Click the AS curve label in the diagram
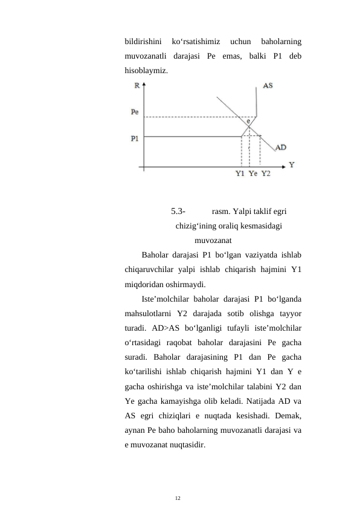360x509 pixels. click(x=267, y=86)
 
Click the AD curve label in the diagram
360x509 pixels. click(x=281, y=147)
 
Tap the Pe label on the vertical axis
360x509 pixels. click(x=135, y=112)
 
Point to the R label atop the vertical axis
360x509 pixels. click(x=136, y=86)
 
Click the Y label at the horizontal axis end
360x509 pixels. click(x=291, y=164)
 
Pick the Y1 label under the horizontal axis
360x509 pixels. click(x=240, y=174)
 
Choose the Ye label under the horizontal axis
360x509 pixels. click(x=253, y=174)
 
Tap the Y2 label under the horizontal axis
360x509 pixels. click(x=266, y=174)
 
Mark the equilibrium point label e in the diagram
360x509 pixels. click(x=248, y=121)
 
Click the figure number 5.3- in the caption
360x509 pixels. click(x=178, y=212)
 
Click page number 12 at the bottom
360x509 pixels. click(x=178, y=498)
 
